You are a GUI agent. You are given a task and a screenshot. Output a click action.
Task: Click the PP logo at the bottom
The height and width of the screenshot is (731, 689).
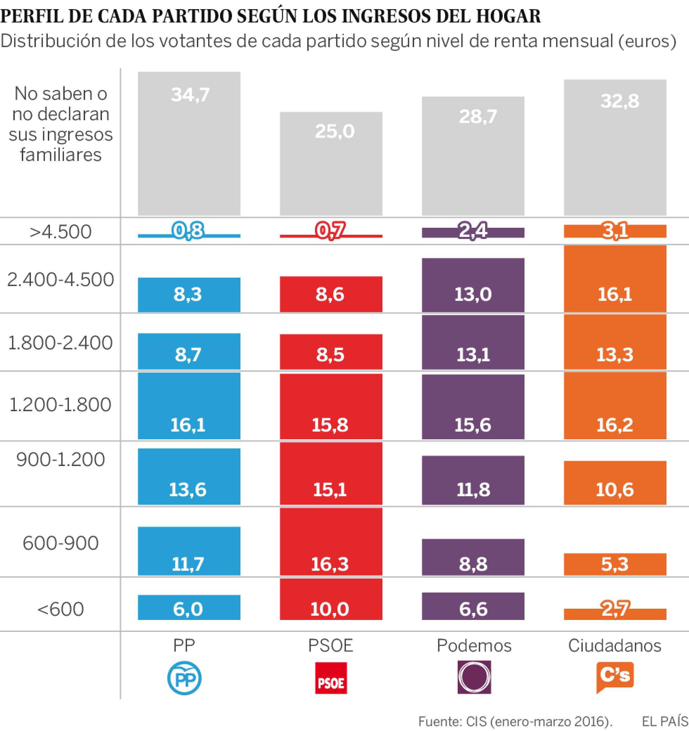[184, 678]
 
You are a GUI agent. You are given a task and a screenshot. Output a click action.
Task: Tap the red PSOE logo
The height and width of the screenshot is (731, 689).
[331, 678]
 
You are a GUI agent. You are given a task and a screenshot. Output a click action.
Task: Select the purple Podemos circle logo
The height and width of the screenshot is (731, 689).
[474, 677]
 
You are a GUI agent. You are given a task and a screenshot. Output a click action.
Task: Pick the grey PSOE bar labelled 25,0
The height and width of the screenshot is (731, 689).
[331, 164]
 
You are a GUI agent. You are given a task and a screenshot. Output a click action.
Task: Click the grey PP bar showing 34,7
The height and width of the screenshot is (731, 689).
[189, 144]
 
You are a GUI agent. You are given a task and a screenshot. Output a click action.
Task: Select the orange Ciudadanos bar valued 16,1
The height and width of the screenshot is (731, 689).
[615, 279]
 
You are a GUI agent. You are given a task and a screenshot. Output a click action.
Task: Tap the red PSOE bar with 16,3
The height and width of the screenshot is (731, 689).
[331, 542]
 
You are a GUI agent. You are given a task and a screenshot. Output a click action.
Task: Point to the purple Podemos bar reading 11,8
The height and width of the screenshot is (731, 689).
[473, 480]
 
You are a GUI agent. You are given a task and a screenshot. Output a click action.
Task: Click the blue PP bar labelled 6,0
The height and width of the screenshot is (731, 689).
[189, 607]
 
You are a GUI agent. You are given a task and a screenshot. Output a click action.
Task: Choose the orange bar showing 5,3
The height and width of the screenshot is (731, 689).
[615, 564]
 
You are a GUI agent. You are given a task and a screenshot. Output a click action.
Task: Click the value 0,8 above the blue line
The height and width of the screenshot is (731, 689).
[188, 231]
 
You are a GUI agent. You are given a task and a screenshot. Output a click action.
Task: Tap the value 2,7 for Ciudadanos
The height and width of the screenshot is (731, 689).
[616, 609]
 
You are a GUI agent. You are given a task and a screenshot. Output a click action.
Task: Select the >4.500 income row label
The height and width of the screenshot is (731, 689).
[61, 232]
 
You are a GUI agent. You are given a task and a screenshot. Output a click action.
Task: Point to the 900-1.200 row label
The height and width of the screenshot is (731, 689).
[61, 460]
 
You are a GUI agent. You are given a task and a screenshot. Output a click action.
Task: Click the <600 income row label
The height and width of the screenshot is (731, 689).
[61, 609]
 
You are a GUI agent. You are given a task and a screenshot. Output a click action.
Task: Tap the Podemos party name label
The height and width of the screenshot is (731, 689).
[474, 645]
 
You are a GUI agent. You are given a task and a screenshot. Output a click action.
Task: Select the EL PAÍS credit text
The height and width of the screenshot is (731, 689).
[665, 721]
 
